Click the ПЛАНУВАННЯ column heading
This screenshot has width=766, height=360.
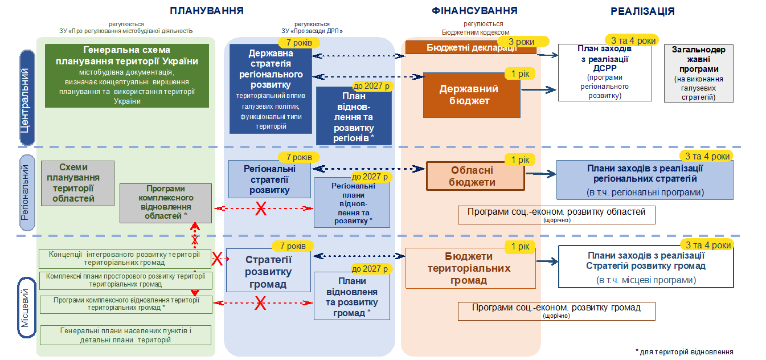tap(207, 11)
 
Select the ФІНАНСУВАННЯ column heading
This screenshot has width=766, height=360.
tap(474, 11)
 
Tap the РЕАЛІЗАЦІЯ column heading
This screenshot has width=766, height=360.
tap(642, 11)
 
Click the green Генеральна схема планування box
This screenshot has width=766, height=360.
tap(127, 76)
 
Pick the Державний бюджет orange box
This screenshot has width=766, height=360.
tap(472, 95)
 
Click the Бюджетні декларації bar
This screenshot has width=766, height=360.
tap(471, 47)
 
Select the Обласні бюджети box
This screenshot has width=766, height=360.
tap(476, 176)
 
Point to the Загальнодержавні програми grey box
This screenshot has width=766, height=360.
tap(699, 73)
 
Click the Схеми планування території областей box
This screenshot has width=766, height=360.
tap(77, 183)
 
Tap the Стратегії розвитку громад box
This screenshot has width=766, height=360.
tap(268, 270)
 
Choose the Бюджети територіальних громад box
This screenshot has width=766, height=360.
tap(470, 268)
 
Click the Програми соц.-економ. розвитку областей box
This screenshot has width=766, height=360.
tap(556, 215)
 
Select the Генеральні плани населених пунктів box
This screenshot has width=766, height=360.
tap(125, 335)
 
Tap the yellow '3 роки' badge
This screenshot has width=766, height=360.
tap(522, 42)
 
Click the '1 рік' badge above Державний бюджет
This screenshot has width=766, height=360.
tap(520, 73)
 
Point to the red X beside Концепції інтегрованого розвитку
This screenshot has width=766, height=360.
tap(217, 259)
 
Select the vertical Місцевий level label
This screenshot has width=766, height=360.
tap(27, 308)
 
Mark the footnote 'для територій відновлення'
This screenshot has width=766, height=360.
tap(684, 352)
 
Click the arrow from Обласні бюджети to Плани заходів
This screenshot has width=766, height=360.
tap(540, 174)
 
